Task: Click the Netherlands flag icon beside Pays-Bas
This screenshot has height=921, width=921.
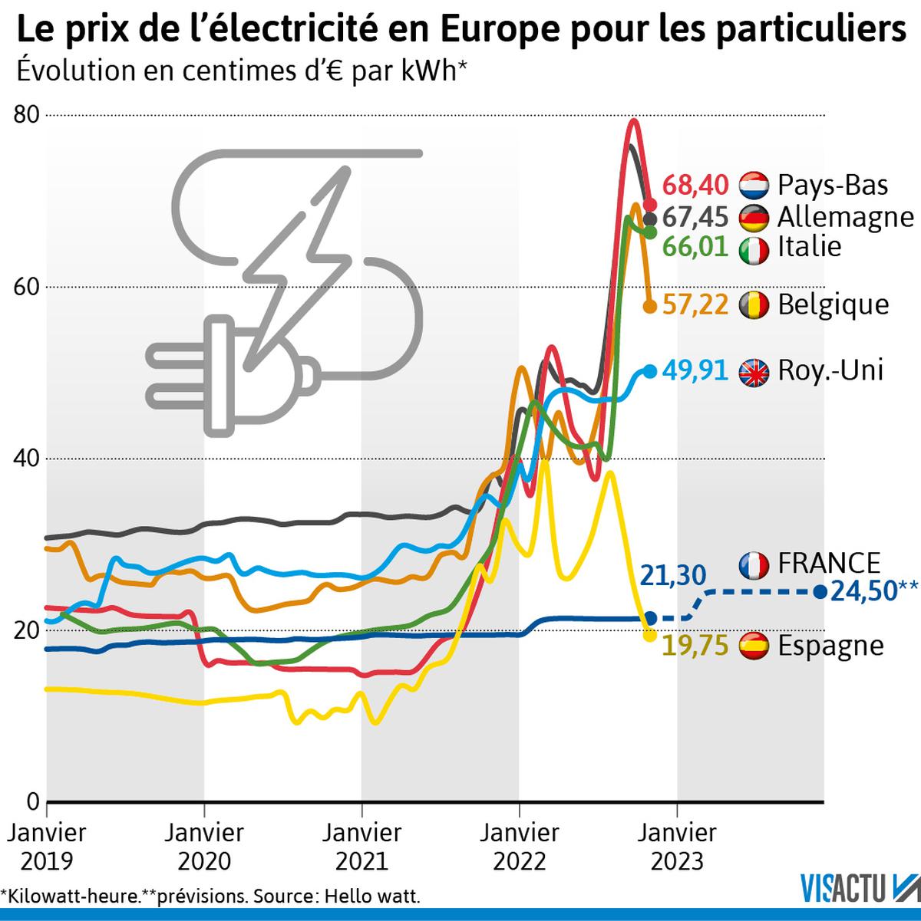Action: [x=754, y=186]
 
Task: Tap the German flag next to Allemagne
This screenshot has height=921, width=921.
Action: [x=754, y=218]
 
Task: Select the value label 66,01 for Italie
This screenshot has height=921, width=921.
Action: [x=695, y=248]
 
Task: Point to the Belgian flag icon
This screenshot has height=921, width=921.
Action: [x=754, y=305]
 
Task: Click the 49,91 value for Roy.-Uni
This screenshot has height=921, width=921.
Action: [x=695, y=371]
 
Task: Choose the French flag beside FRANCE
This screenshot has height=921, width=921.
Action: [x=754, y=564]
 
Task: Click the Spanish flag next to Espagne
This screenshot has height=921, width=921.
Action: [x=754, y=646]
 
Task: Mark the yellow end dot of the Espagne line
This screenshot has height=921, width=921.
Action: [x=649, y=635]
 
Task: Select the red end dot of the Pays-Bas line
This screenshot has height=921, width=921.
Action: [x=649, y=205]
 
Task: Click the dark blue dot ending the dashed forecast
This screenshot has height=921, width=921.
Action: [x=820, y=592]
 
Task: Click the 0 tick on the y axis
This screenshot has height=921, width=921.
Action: [x=32, y=801]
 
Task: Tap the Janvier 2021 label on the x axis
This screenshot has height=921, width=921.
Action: [x=361, y=847]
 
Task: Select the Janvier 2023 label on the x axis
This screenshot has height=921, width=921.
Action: [x=676, y=847]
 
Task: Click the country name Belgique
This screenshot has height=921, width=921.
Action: [x=834, y=305]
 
